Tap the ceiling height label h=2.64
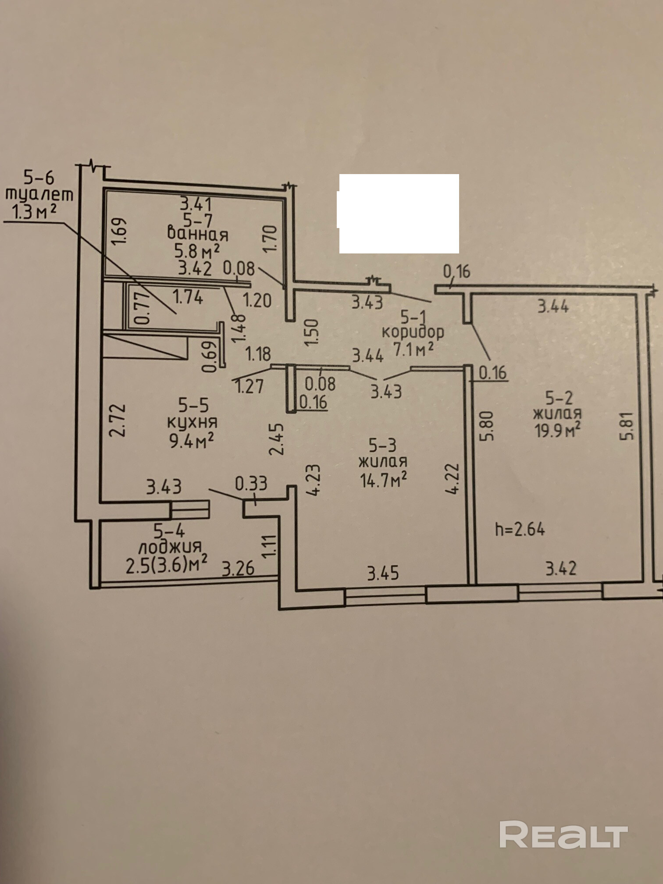coord(520,529)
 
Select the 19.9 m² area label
coord(557,430)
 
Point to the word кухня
coord(192,422)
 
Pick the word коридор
coord(413,332)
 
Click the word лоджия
coord(170,547)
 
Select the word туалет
coord(39,194)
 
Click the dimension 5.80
coord(487,425)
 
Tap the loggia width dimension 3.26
coord(238,568)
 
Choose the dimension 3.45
coord(383,573)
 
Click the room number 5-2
coord(559,397)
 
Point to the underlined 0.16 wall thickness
coord(313,402)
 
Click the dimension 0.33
coord(251,483)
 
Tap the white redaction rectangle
coord(399,214)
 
